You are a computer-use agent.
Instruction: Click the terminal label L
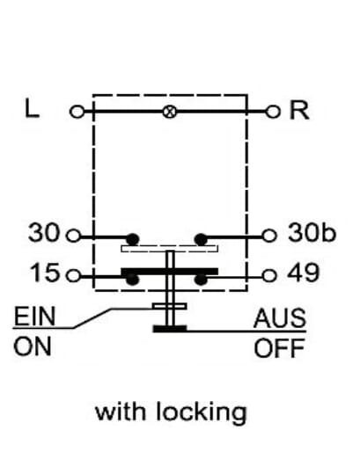point(32,108)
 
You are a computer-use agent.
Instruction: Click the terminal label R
point(299,110)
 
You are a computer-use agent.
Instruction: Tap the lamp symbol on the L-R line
point(170,112)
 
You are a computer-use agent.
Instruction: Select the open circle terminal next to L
point(77,112)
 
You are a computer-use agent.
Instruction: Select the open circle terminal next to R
point(273,112)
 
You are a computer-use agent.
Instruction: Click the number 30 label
point(44,233)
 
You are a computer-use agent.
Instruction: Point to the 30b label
point(312,232)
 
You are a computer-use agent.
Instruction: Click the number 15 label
point(45,273)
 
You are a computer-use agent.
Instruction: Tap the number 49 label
point(303,273)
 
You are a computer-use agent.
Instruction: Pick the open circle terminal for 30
point(73,236)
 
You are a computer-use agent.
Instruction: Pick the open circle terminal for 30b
point(269,236)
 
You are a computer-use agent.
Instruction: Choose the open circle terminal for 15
point(73,276)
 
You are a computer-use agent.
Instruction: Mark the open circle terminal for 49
point(269,275)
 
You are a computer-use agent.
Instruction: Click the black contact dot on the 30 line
point(132,239)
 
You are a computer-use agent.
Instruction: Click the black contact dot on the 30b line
point(201,239)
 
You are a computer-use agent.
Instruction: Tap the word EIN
point(34,317)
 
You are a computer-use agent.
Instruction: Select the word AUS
point(280,318)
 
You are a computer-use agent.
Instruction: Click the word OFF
point(279,348)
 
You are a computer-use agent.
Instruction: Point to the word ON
point(33,346)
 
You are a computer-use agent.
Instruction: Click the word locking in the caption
point(202,412)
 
